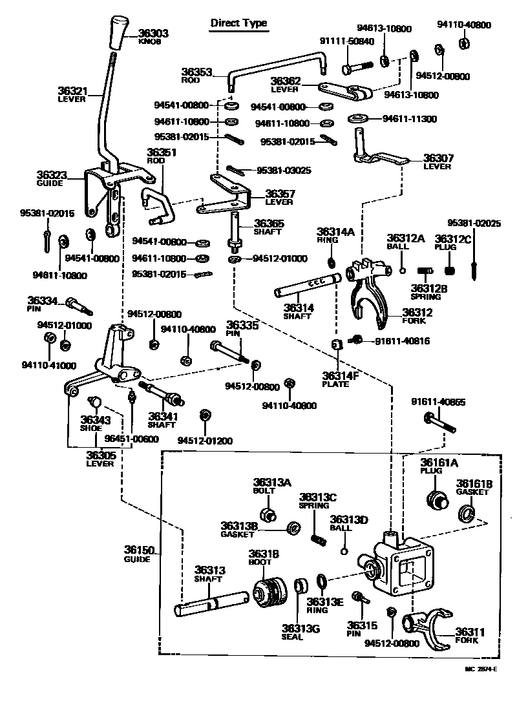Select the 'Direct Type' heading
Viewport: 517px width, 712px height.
(238, 23)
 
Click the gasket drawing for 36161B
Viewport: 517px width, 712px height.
(467, 514)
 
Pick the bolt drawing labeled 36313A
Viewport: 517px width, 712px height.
(268, 514)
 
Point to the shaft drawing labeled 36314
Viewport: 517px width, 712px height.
(307, 285)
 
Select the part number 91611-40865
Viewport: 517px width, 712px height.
(438, 402)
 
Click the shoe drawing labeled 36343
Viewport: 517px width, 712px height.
(95, 403)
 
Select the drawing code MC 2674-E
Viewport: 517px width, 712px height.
(480, 669)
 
